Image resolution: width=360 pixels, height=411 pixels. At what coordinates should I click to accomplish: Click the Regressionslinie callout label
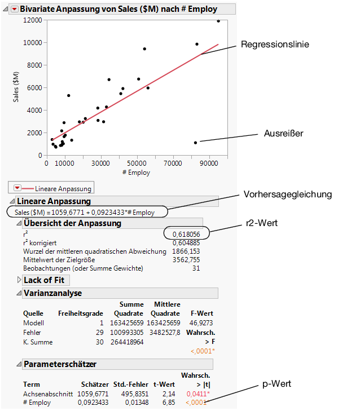275,45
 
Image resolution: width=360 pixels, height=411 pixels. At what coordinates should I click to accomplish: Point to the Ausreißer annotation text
283,134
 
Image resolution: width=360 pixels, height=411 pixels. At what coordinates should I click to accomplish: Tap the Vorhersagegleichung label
288,195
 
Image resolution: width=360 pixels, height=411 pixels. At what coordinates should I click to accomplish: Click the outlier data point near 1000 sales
195,143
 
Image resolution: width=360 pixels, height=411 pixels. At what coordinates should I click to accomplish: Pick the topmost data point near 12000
218,21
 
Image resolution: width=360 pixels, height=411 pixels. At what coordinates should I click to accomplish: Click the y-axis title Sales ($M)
16,87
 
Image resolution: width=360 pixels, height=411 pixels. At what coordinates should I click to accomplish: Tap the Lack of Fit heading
44,280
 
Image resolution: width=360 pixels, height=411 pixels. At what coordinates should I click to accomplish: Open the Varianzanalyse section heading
52,293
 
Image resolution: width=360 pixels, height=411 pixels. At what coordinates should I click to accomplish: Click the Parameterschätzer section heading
60,364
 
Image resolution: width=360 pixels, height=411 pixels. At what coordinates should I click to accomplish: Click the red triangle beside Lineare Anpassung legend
17,188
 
